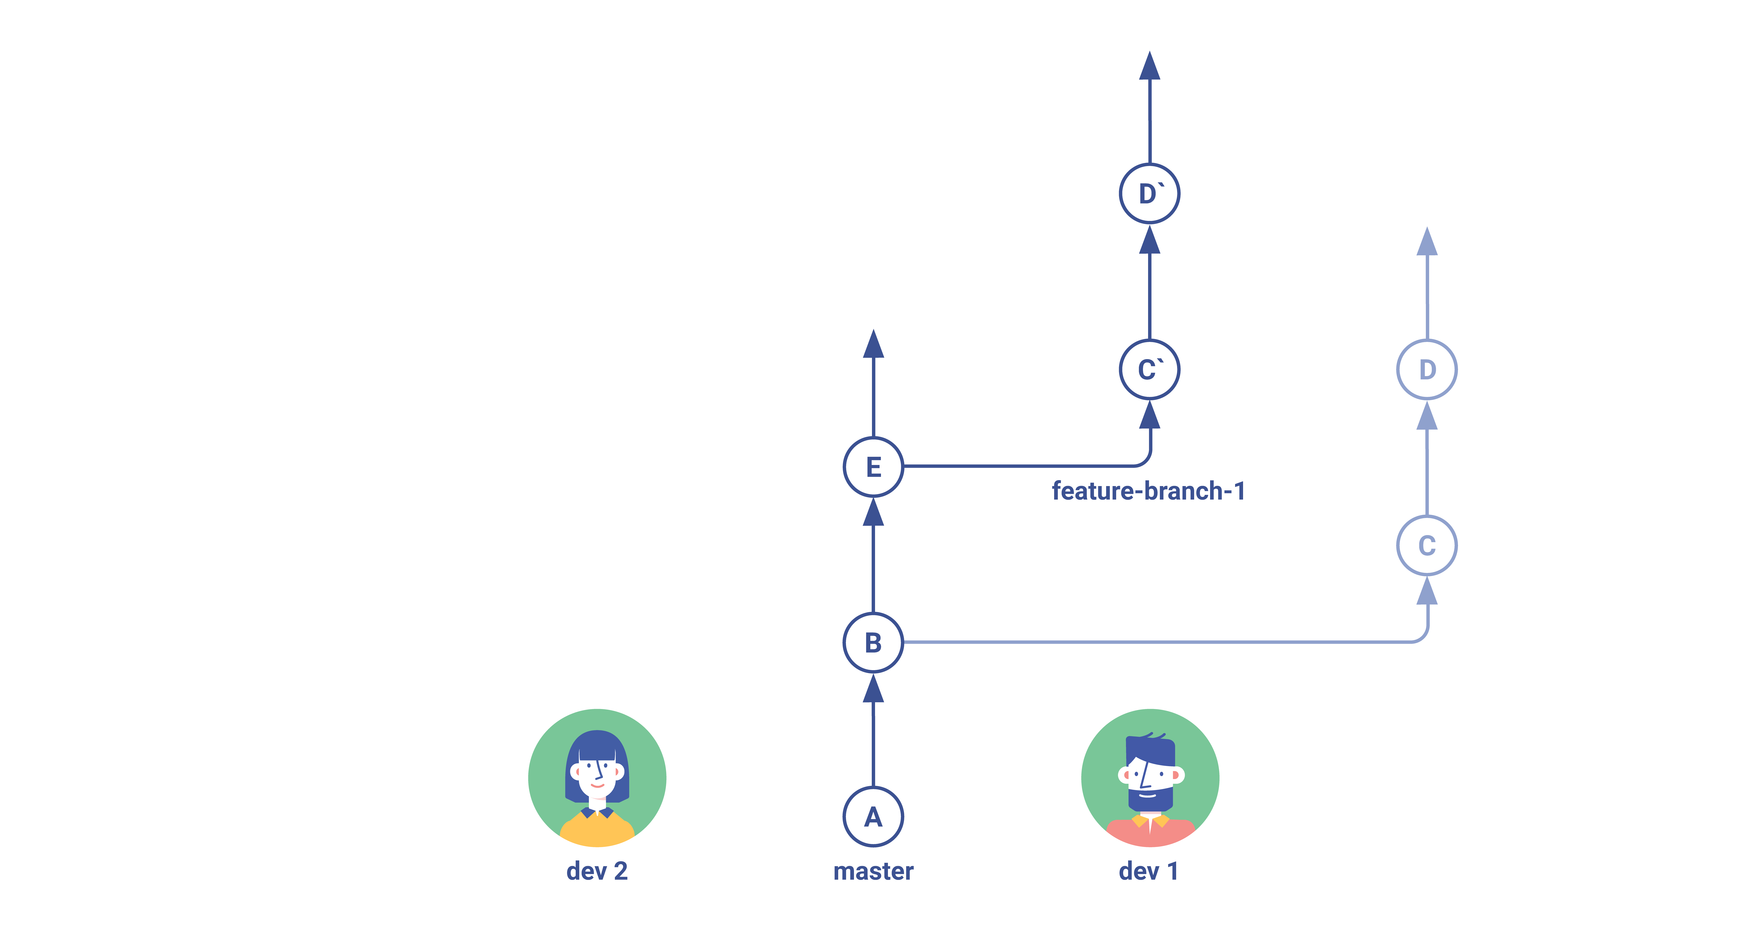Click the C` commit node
point(1150,370)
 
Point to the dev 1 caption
point(1149,871)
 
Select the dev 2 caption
point(597,871)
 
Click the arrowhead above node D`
point(1150,66)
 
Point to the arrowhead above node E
point(874,344)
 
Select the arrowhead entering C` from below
point(1150,415)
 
